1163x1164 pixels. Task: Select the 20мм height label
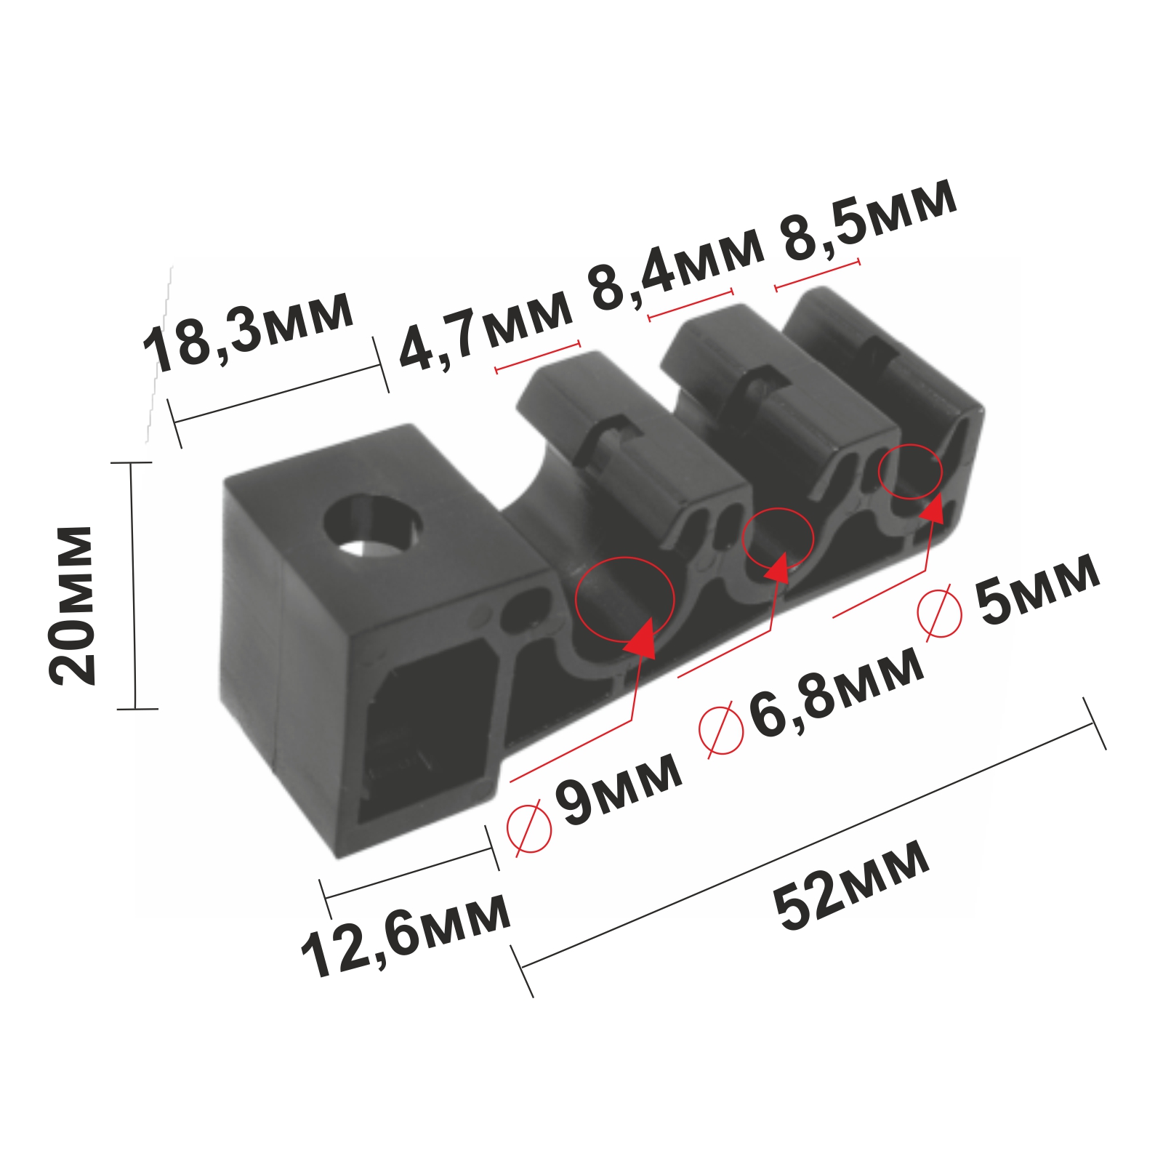pos(71,605)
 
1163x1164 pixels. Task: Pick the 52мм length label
pos(851,886)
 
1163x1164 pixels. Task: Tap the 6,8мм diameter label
pos(836,692)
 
